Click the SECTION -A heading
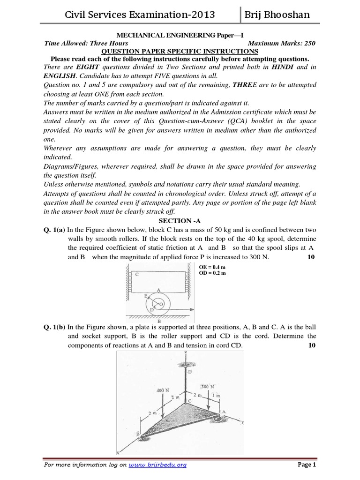pyautogui.click(x=180, y=221)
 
